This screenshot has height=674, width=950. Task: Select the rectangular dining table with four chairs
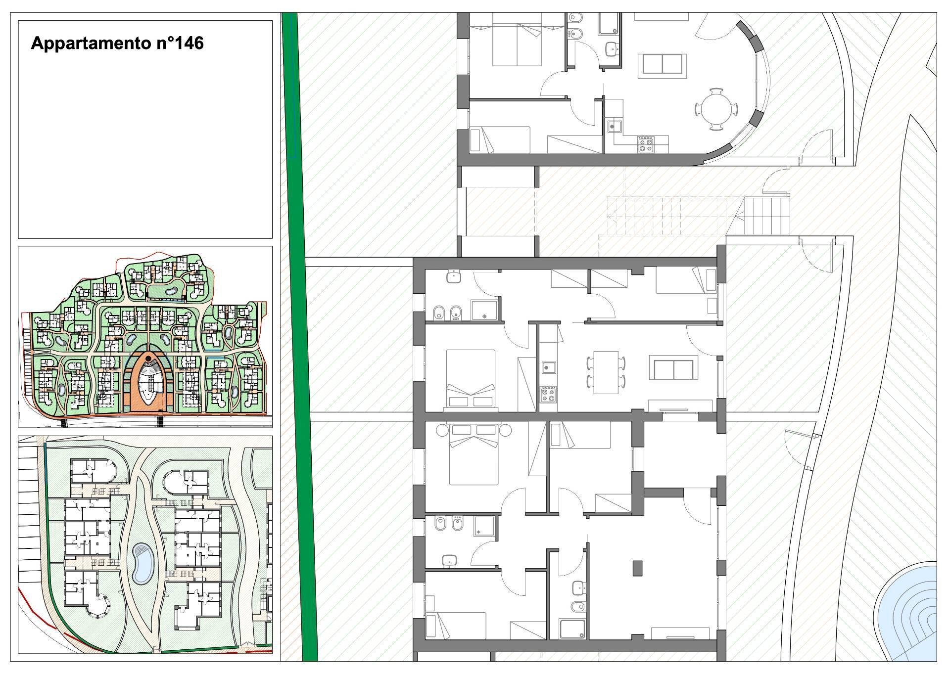606,372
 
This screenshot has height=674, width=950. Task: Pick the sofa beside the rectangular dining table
673,370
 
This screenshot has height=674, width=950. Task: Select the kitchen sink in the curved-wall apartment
614,127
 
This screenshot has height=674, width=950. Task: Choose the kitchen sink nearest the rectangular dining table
547,367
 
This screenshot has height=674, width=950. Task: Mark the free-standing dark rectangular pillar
637,568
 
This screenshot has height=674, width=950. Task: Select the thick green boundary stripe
300,336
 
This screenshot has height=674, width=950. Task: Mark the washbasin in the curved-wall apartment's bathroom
612,49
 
